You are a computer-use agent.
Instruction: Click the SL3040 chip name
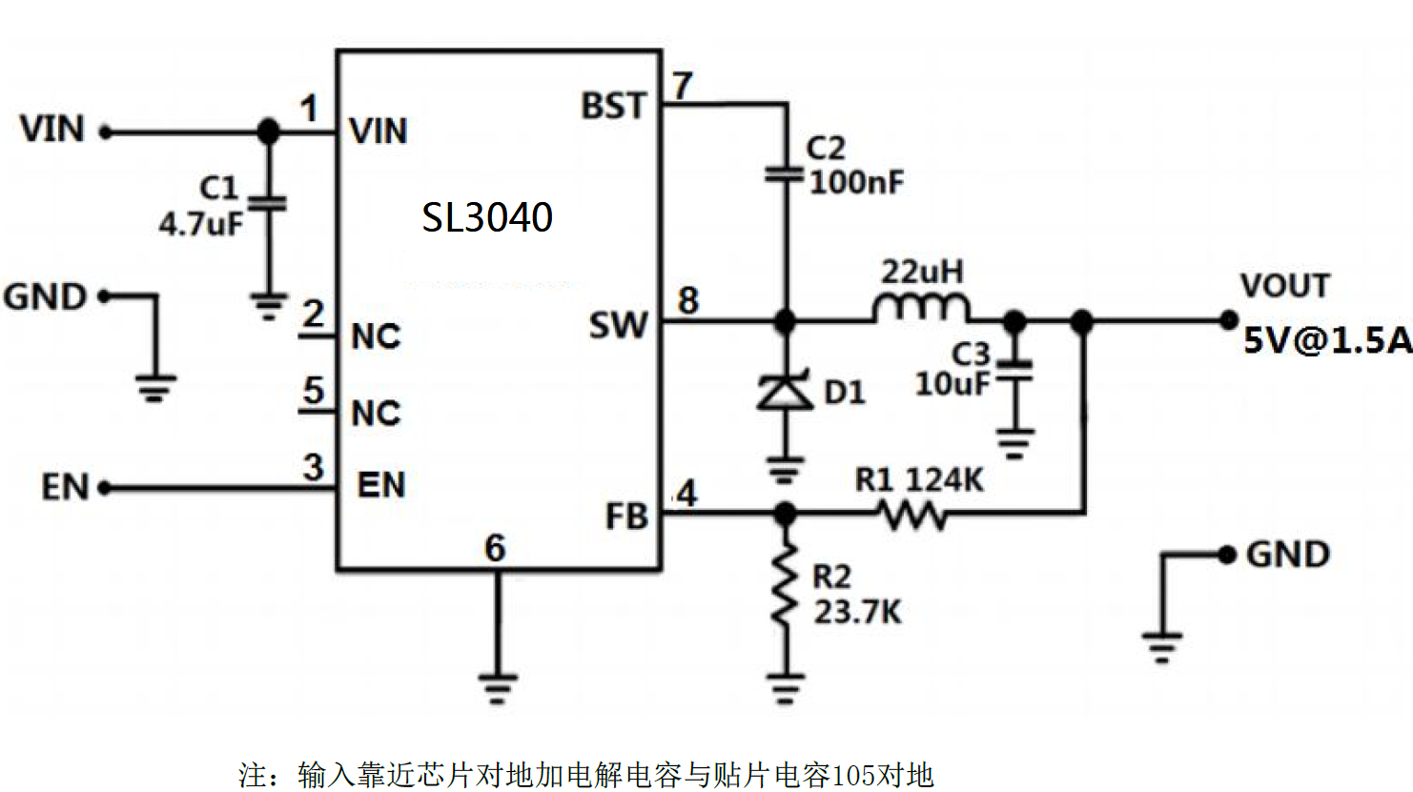pyautogui.click(x=487, y=217)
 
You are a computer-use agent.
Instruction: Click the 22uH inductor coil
pyautogui.click(x=920, y=309)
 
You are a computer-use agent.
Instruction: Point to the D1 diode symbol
pyautogui.click(x=784, y=391)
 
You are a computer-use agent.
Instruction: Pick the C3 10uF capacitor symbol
pyautogui.click(x=1015, y=372)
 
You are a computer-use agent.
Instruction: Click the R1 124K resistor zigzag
pyautogui.click(x=912, y=516)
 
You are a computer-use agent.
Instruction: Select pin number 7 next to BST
pyautogui.click(x=682, y=86)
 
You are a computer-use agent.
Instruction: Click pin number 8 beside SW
pyautogui.click(x=687, y=301)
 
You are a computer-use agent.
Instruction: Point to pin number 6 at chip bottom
pyautogui.click(x=495, y=548)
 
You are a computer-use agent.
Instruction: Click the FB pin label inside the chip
pyautogui.click(x=626, y=517)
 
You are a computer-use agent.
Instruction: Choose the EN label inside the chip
pyautogui.click(x=381, y=485)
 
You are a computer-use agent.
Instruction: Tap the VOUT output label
pyautogui.click(x=1284, y=286)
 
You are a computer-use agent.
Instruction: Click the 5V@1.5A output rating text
pyautogui.click(x=1326, y=340)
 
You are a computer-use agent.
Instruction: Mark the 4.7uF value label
pyautogui.click(x=200, y=224)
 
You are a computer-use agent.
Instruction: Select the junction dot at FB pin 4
pyautogui.click(x=784, y=515)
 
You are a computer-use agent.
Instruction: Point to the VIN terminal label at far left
pyautogui.click(x=52, y=129)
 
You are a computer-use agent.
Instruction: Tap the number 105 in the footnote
pyautogui.click(x=855, y=775)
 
